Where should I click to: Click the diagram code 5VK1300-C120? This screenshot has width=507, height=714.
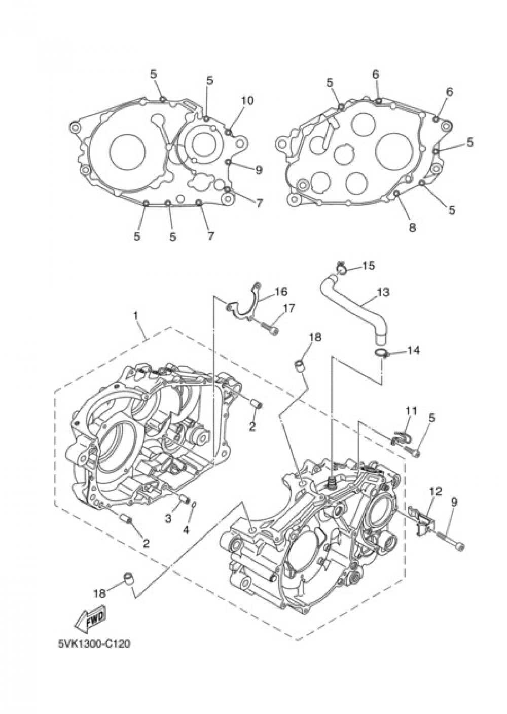click(94, 645)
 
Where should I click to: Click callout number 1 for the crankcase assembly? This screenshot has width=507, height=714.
click(135, 315)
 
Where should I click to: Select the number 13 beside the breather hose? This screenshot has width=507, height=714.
click(383, 292)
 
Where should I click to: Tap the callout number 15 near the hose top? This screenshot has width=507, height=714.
click(368, 265)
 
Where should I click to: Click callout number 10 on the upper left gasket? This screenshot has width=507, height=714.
click(247, 100)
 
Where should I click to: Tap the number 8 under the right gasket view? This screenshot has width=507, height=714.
click(412, 228)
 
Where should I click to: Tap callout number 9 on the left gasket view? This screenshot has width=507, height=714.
click(259, 170)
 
